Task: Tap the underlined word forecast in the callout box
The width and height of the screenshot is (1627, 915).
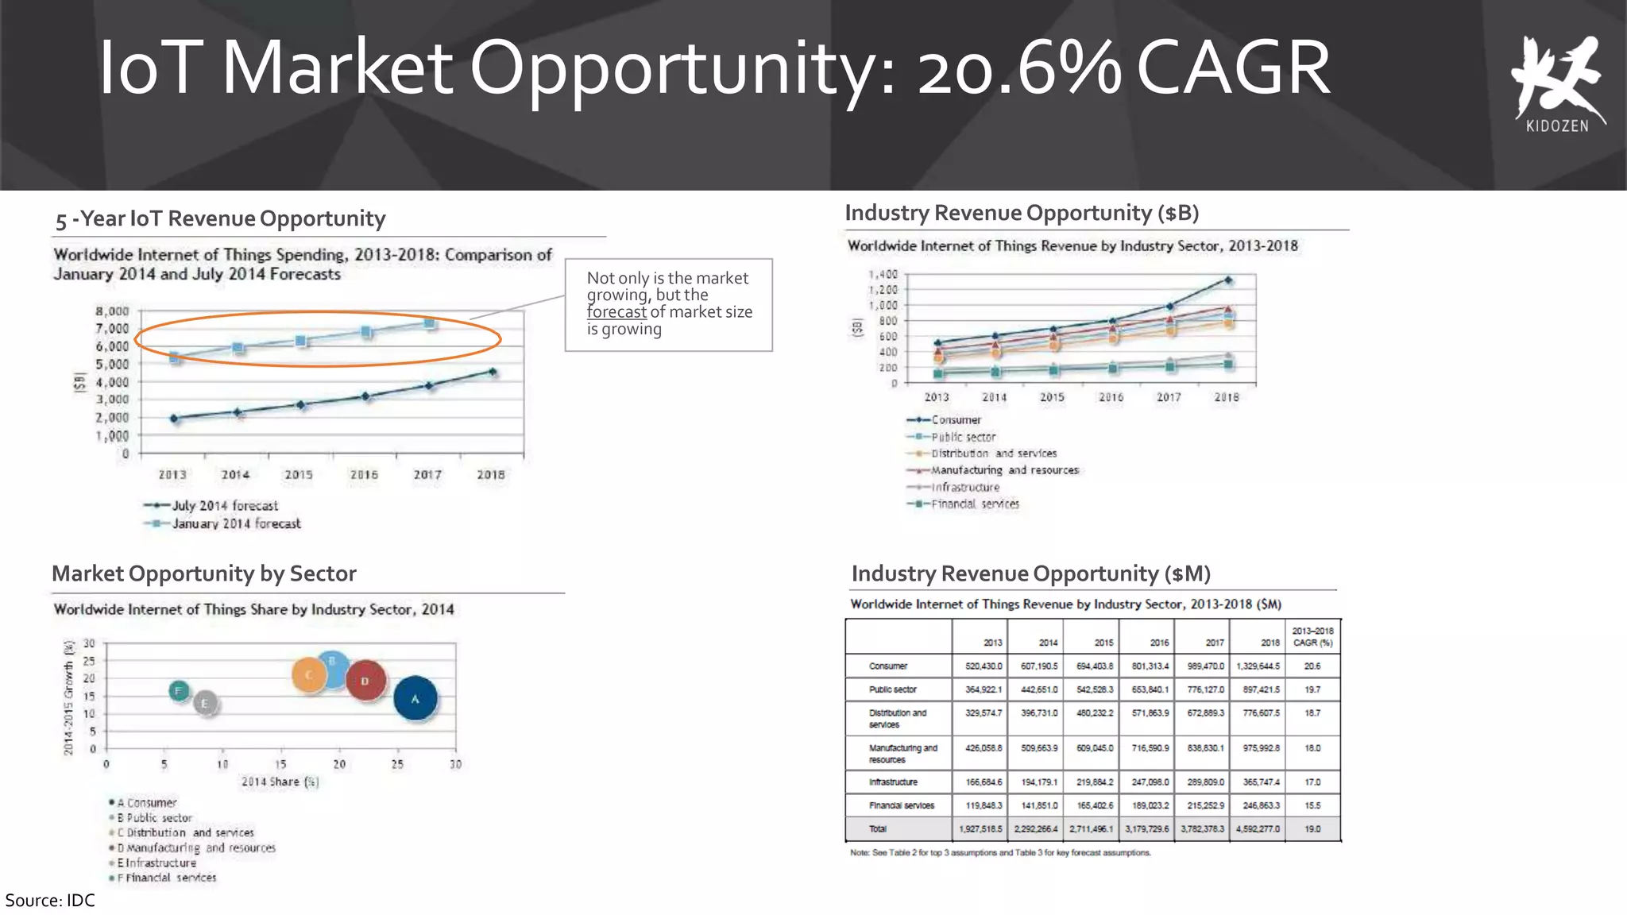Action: click(x=616, y=312)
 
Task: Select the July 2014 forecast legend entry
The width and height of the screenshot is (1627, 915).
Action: click(x=211, y=505)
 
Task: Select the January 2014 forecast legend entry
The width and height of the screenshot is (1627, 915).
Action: click(x=222, y=523)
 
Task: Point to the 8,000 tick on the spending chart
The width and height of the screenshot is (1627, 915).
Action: click(x=112, y=311)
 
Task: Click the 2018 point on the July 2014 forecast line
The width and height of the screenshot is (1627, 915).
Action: click(x=493, y=372)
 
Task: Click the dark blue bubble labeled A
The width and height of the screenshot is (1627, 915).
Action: click(x=415, y=698)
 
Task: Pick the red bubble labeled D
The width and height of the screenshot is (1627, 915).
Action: click(x=365, y=681)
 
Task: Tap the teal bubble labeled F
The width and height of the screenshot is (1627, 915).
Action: click(x=180, y=691)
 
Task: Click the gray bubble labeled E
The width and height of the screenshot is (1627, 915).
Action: click(x=205, y=703)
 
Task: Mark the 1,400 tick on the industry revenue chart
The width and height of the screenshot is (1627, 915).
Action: click(x=883, y=275)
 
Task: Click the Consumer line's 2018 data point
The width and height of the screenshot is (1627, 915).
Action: click(x=1228, y=280)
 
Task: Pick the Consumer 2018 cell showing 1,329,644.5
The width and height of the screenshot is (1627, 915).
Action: click(x=1258, y=666)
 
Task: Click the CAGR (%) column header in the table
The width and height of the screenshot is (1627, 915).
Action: click(x=1312, y=637)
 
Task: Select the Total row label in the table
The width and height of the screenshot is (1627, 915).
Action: click(x=877, y=828)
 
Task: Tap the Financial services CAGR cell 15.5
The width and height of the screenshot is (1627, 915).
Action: click(x=1312, y=805)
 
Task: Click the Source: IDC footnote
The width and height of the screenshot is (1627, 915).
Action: click(x=50, y=900)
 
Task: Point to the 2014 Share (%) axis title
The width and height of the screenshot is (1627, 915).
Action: click(x=280, y=782)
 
